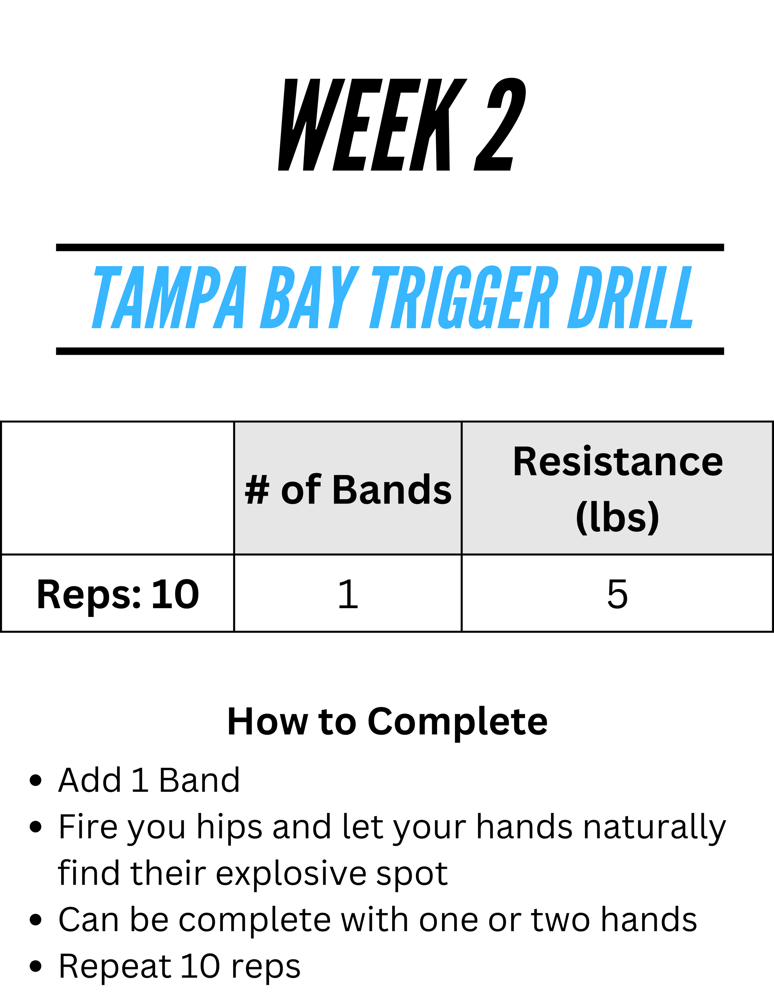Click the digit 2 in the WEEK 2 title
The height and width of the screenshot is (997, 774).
coord(500,124)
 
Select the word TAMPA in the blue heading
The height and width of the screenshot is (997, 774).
coord(169,297)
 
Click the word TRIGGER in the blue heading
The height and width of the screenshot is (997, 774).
coord(464,297)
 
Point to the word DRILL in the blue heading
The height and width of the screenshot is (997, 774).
coord(630,297)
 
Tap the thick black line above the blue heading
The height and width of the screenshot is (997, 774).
coord(390,248)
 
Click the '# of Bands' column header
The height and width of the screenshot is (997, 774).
coord(348,490)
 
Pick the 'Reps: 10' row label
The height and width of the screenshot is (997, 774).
coord(118,594)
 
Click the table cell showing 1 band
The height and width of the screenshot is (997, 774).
coord(348,594)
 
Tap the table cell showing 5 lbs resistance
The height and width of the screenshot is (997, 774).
coord(617,594)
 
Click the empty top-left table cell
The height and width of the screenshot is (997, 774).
coord(118,488)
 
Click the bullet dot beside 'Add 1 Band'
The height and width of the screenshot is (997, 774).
coord(36,780)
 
